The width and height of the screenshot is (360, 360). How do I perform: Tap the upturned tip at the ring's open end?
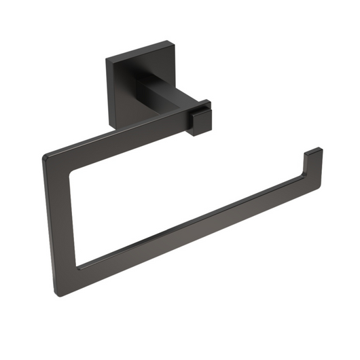pos(313,160)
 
